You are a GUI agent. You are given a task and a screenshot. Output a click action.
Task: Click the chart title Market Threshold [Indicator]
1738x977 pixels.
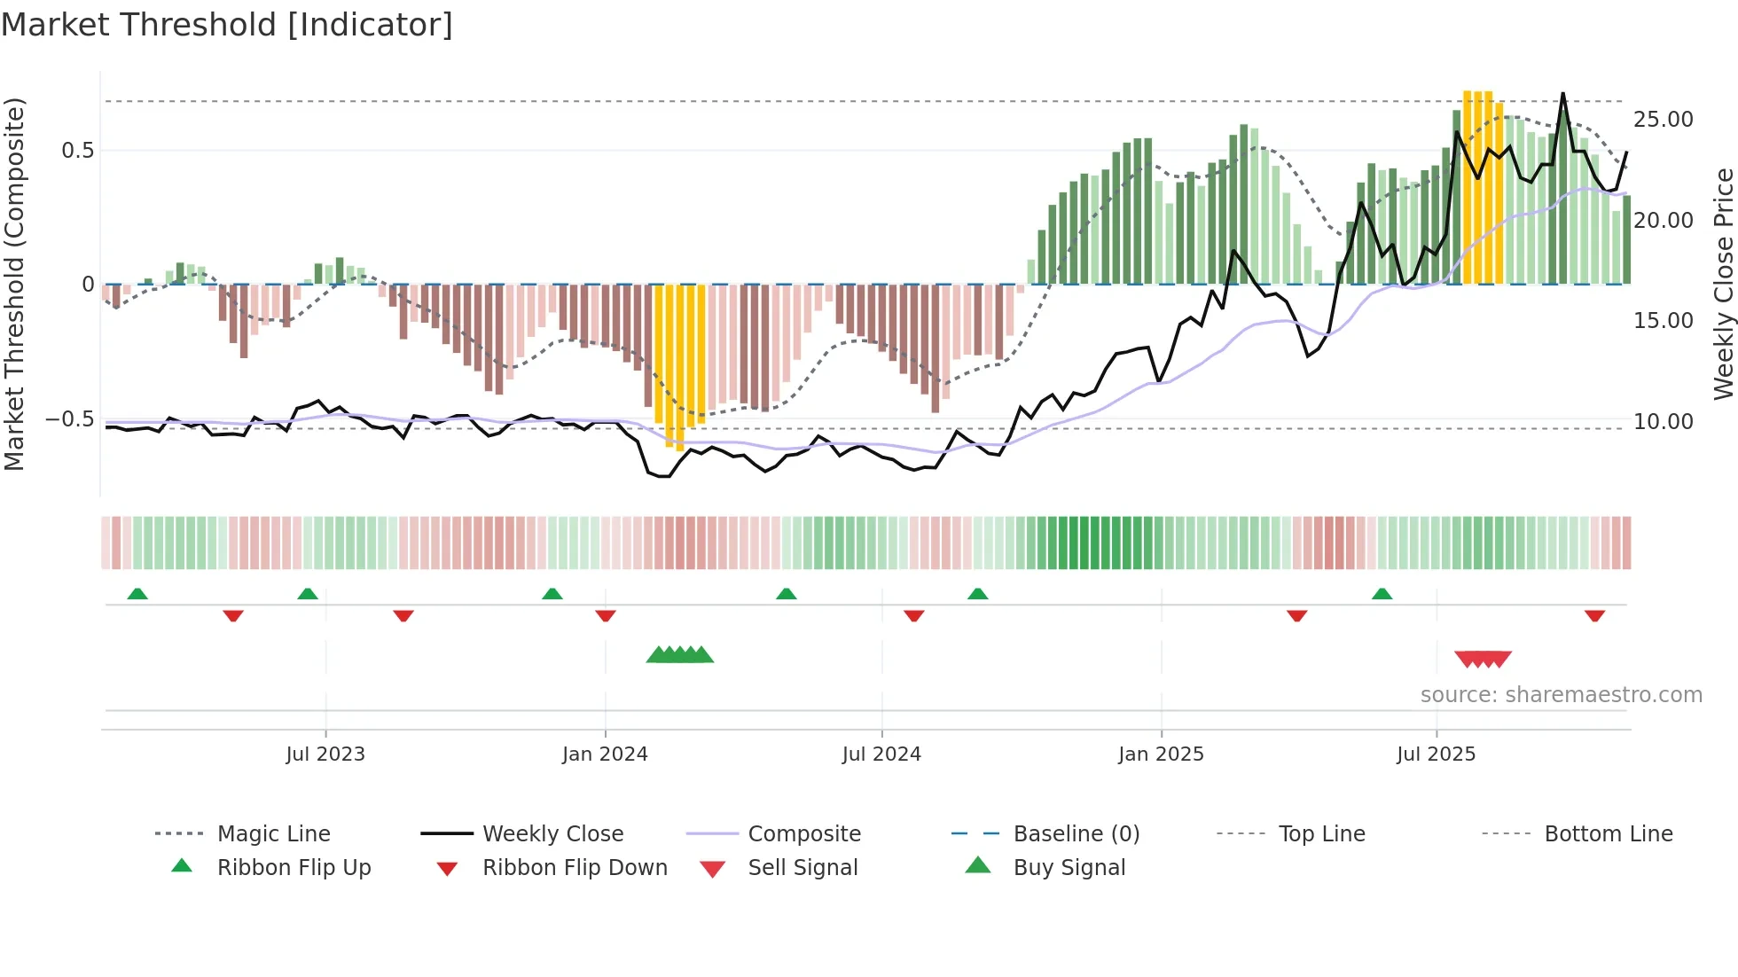(x=227, y=25)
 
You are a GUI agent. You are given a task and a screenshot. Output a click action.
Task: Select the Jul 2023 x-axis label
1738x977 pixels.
(x=325, y=754)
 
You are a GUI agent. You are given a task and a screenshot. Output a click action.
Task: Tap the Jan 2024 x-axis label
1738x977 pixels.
(x=605, y=754)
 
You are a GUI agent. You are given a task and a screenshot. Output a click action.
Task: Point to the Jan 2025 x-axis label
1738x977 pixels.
(x=1161, y=754)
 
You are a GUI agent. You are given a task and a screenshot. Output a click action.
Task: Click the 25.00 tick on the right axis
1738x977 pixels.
(x=1663, y=120)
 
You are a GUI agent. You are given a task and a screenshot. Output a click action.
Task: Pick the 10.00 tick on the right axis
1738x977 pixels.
(x=1663, y=422)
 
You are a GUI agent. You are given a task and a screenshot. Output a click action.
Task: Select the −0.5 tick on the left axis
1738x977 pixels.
(x=69, y=419)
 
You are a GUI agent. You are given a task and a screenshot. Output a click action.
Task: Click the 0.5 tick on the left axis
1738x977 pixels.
(x=77, y=151)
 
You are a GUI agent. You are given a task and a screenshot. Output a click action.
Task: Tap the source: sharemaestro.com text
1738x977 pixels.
(x=1561, y=695)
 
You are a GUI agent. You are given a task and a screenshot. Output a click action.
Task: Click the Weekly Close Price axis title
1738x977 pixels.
(x=1723, y=284)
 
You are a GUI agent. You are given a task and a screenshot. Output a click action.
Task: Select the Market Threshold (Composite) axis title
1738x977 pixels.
(x=14, y=284)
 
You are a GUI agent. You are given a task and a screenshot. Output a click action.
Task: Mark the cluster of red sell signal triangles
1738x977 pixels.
(x=1483, y=659)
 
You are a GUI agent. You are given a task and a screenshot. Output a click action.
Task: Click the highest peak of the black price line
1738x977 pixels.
(x=1562, y=93)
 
